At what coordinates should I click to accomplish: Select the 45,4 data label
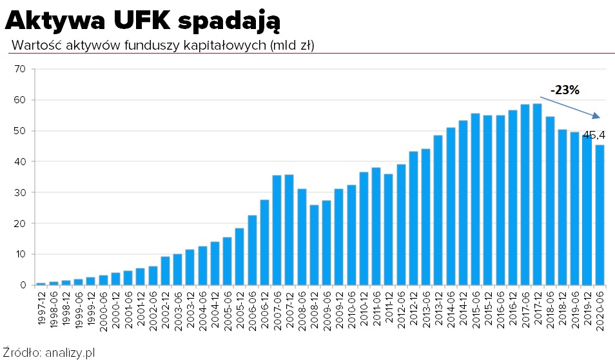pyautogui.click(x=594, y=135)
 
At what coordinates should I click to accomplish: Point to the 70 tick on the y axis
pyautogui.click(x=19, y=69)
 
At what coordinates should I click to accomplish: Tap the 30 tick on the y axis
pyautogui.click(x=19, y=193)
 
